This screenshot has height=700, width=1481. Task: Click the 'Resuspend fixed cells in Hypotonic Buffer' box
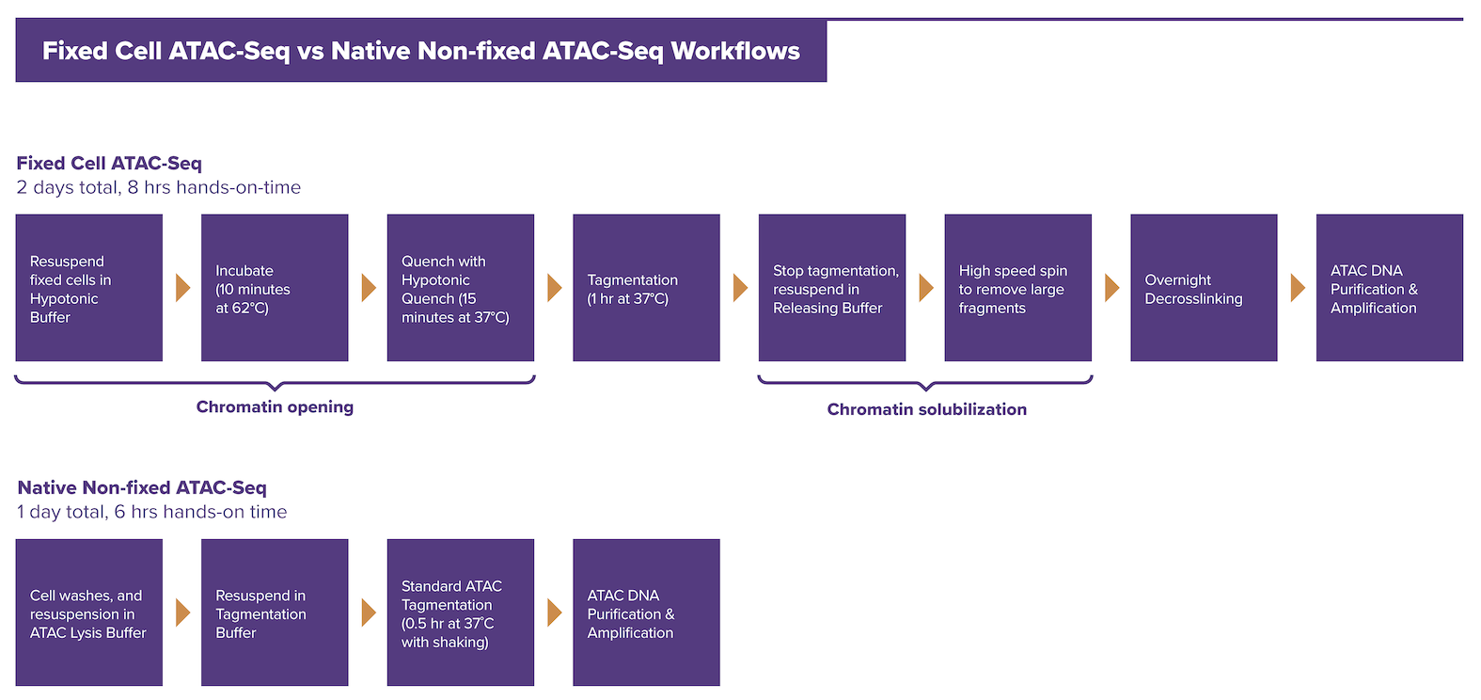tap(89, 288)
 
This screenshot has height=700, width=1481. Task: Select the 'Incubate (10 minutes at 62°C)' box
tap(275, 288)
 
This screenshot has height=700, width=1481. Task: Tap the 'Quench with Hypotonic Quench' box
tap(461, 288)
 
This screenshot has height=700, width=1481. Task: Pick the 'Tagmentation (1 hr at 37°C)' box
tap(647, 288)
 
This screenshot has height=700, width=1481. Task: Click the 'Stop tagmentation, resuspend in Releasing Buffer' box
tap(832, 288)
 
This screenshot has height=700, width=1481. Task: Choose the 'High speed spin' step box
tap(1018, 288)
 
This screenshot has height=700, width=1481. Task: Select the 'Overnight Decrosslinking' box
tap(1204, 288)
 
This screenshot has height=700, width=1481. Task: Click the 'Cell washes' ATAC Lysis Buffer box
tap(89, 612)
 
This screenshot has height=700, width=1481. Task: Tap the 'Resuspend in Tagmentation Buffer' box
tap(275, 612)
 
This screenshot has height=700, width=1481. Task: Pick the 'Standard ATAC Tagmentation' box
tap(461, 612)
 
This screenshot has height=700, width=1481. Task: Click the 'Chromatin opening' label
tap(275, 406)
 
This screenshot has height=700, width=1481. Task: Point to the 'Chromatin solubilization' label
tap(927, 409)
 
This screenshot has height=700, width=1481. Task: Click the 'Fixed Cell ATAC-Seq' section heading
tap(109, 164)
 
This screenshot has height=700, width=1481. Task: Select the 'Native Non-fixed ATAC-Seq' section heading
tap(142, 488)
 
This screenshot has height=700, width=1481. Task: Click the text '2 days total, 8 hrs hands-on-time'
tap(159, 188)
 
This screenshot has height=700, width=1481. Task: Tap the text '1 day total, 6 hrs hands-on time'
tap(152, 512)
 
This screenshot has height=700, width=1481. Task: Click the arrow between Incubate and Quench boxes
tap(369, 288)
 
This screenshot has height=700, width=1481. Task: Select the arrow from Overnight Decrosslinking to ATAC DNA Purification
tap(1298, 288)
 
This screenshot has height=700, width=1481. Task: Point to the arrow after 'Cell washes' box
tap(183, 612)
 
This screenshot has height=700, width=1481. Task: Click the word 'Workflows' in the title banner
tap(735, 51)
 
